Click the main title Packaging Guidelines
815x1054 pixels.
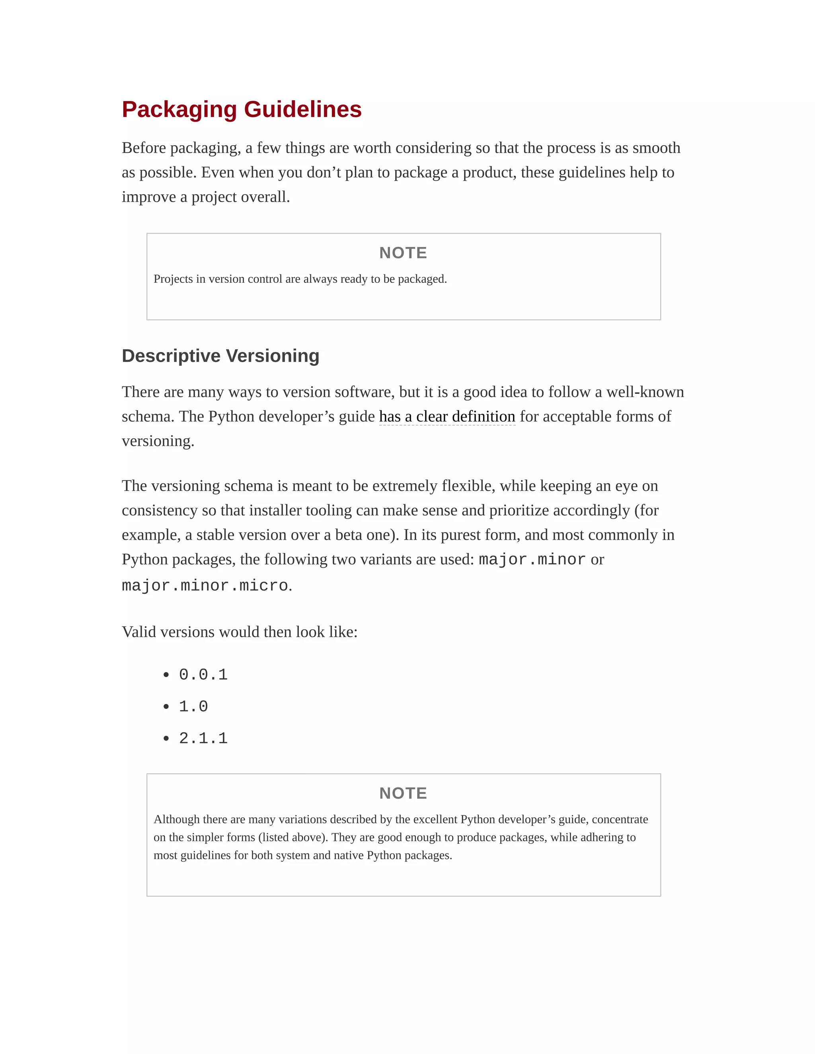coord(242,109)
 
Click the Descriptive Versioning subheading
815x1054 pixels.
coord(220,356)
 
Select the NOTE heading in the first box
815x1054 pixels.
coord(403,253)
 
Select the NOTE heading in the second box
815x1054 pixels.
coord(403,793)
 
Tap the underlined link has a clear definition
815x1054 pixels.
coord(447,416)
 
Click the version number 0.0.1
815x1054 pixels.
coord(203,675)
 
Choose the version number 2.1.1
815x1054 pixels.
coord(203,738)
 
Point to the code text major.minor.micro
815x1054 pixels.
coord(205,586)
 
